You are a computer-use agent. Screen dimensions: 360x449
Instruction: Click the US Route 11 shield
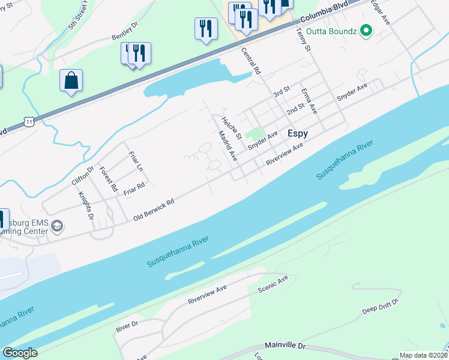pyautogui.click(x=29, y=121)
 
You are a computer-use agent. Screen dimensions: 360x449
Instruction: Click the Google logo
pyautogui.click(x=20, y=353)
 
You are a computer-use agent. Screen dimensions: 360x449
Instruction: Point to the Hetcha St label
pyautogui.click(x=232, y=128)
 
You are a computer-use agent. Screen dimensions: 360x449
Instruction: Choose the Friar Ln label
pyautogui.click(x=136, y=161)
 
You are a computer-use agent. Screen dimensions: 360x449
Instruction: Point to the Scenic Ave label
pyautogui.click(x=273, y=284)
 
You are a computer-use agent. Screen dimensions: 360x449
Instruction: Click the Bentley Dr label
pyautogui.click(x=125, y=32)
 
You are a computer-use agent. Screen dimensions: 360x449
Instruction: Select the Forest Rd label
pyautogui.click(x=109, y=179)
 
